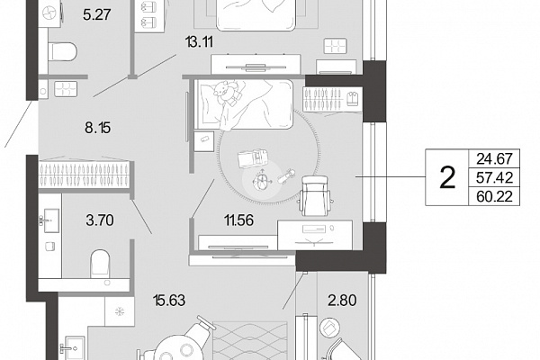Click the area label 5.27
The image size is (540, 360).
pos(97,14)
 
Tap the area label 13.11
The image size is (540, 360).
pos(199,42)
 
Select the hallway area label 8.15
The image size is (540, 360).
pos(98,128)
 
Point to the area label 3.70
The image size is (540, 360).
pos(100,220)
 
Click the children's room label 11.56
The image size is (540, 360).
pos(239,220)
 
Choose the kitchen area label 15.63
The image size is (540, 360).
pos(169,300)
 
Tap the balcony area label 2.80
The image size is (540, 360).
pos(342,300)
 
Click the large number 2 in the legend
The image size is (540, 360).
pos(447,178)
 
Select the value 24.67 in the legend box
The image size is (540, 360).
pos(494,158)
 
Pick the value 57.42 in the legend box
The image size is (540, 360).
pos(494,178)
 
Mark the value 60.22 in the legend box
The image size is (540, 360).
pos(494,197)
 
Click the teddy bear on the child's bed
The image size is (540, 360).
pos(228,92)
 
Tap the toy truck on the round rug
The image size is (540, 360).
pos(252,158)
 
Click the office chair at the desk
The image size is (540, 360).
pos(316,195)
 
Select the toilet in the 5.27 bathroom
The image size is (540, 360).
pos(62,51)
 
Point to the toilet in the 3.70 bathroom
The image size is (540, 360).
pos(100,264)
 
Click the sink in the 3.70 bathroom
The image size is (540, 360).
pos(51,220)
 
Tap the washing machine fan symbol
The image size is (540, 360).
pos(50,13)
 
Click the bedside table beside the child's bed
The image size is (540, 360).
pos(204,141)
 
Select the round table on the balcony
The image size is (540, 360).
pos(329,328)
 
